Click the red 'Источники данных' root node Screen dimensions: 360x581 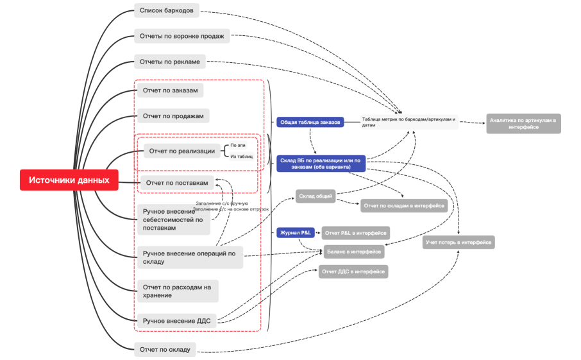(x=69, y=180)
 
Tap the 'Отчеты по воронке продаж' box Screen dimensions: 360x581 (x=181, y=36)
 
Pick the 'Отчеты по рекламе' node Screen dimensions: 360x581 (x=170, y=62)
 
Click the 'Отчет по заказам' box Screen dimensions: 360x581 (x=170, y=90)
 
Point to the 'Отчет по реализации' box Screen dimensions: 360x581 (x=179, y=151)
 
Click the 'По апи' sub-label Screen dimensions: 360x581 (x=239, y=146)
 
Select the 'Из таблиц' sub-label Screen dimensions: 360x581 (x=242, y=156)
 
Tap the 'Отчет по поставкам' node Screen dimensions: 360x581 (x=176, y=183)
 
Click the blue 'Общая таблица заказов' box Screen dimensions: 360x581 (x=310, y=122)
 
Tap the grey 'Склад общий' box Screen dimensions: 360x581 (x=316, y=196)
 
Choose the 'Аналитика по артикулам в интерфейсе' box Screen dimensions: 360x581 (x=523, y=123)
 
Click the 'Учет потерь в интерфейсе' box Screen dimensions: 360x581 (x=459, y=242)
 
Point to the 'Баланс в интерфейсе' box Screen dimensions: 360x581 (x=354, y=251)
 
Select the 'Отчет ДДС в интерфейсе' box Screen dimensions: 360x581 (x=353, y=271)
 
